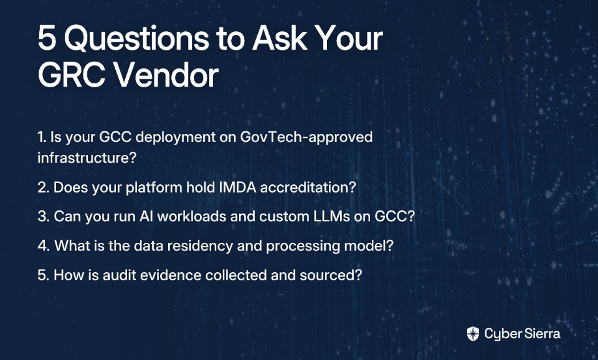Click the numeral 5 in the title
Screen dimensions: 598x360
(47, 38)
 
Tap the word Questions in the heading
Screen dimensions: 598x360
(136, 38)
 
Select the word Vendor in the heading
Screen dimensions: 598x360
(167, 75)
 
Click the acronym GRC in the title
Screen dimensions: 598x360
(71, 75)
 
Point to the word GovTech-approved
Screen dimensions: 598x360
(306, 137)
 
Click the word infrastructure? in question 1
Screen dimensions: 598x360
(87, 158)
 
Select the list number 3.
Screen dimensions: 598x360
(44, 216)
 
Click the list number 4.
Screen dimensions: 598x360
(44, 246)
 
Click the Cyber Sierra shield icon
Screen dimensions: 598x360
(473, 334)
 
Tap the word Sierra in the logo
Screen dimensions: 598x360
(543, 334)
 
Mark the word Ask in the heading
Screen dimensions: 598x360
(280, 38)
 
